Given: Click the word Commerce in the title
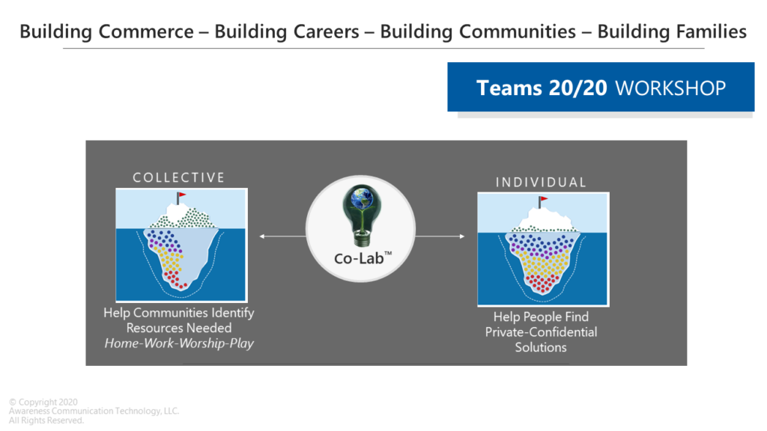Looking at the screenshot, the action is [x=146, y=31].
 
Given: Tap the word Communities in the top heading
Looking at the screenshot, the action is [x=517, y=31].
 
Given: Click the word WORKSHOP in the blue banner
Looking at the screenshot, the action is [x=670, y=88].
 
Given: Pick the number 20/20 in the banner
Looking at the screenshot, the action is [x=577, y=88].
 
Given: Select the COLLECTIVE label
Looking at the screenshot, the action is [x=178, y=177].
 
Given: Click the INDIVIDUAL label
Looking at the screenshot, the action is [x=541, y=183].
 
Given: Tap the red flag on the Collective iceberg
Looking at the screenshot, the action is [x=181, y=195].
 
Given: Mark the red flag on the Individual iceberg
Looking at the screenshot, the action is [x=544, y=199].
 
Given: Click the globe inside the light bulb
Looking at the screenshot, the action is [x=362, y=198].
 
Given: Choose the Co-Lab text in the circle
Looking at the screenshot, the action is [x=363, y=258].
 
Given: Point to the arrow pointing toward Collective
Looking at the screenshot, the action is [x=282, y=236].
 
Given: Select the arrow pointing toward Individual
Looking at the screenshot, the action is [x=440, y=236].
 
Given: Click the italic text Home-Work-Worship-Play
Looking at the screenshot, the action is [x=179, y=343].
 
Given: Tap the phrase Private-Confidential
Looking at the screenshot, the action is [x=541, y=332].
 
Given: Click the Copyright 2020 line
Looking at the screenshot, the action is [x=43, y=402].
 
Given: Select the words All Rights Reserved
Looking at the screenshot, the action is [x=46, y=421].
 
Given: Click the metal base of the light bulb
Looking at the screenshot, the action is [x=362, y=239].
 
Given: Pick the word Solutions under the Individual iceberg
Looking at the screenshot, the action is [x=541, y=347].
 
